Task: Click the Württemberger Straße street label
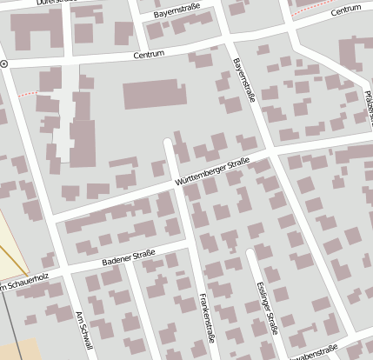coord(212,171)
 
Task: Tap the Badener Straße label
coord(128,257)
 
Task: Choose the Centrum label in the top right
coord(345,9)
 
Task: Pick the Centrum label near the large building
coord(149,55)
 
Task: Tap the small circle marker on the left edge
coord(4,64)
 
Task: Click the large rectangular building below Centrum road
coord(155,95)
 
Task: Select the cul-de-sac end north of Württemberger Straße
coord(167,141)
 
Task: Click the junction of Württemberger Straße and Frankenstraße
coord(178,184)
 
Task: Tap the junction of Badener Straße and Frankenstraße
coord(190,247)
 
